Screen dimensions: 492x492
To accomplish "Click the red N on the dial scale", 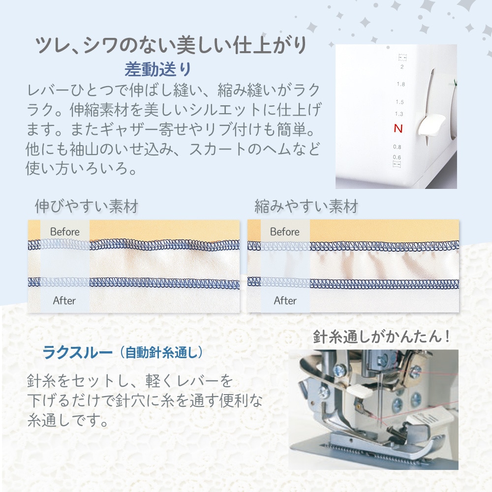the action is pos(398,128).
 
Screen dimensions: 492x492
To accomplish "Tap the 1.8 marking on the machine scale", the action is pos(400,84).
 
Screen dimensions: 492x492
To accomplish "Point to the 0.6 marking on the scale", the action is pos(397,157).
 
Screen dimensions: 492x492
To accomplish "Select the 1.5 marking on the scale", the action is pos(400,102).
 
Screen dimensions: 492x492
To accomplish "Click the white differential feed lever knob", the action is pos(431,125).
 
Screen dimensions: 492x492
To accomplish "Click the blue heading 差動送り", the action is pos(158,69).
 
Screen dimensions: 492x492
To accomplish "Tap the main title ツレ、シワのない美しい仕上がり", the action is pos(171,45).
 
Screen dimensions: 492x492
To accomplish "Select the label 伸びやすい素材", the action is pos(87,207).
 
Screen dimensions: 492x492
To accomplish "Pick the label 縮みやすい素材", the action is pos(306,207).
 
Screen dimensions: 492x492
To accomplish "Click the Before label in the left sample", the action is pos(64,232).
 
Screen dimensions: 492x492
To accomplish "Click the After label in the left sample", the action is pos(64,301).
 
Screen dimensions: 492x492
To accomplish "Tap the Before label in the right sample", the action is pos(285,232).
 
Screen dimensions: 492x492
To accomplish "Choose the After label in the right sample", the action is pos(285,301).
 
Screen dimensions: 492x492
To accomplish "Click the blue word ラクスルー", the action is pos(78,352).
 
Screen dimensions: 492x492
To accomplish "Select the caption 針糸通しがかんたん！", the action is pos(382,337).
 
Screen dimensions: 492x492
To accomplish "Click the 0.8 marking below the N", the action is pos(397,147).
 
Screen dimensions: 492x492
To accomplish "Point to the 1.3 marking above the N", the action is pos(399,114).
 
